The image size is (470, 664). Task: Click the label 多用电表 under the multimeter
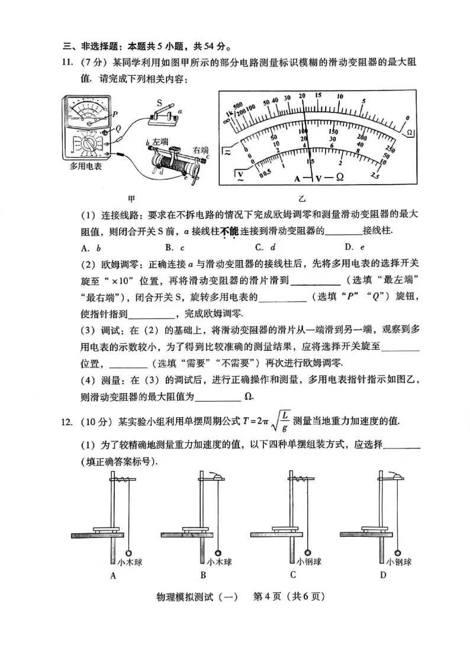pyautogui.click(x=86, y=167)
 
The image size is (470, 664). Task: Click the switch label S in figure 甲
pyautogui.click(x=160, y=102)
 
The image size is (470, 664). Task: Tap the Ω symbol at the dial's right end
pyautogui.click(x=408, y=131)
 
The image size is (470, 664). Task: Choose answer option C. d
pyautogui.click(x=265, y=247)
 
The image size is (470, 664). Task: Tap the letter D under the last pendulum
pyautogui.click(x=383, y=575)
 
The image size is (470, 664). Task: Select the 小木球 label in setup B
pyautogui.click(x=218, y=562)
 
